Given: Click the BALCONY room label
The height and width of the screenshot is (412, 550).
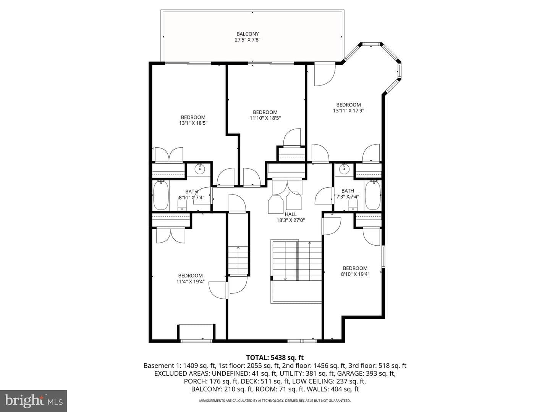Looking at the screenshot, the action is pyautogui.click(x=247, y=34).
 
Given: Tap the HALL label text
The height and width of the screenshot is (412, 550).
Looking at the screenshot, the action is pyautogui.click(x=291, y=214).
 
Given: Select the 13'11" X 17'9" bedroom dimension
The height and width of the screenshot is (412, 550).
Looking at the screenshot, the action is pyautogui.click(x=348, y=111).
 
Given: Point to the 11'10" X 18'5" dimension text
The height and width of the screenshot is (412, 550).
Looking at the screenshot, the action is pyautogui.click(x=265, y=118).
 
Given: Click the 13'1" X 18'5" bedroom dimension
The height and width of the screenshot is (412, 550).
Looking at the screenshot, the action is pyautogui.click(x=193, y=123).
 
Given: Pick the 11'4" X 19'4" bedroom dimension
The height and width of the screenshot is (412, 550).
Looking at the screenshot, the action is pyautogui.click(x=191, y=282).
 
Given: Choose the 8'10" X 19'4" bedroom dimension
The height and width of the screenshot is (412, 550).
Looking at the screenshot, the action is pyautogui.click(x=355, y=274).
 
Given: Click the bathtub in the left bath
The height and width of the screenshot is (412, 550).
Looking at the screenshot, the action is pyautogui.click(x=161, y=195).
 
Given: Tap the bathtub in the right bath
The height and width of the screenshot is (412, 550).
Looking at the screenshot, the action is pyautogui.click(x=373, y=195).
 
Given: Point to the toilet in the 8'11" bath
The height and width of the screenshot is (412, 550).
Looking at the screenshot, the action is pyautogui.click(x=182, y=206).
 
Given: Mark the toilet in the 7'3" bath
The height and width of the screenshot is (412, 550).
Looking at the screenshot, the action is pyautogui.click(x=353, y=206).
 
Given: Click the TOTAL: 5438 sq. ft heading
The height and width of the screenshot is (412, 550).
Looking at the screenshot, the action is pyautogui.click(x=275, y=357).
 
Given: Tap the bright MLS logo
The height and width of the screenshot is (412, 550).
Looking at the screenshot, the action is pyautogui.click(x=34, y=401).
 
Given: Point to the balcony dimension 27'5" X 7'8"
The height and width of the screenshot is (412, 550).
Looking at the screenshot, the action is pyautogui.click(x=247, y=40).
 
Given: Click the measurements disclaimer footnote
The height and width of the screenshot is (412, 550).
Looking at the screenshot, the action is pyautogui.click(x=275, y=401).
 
